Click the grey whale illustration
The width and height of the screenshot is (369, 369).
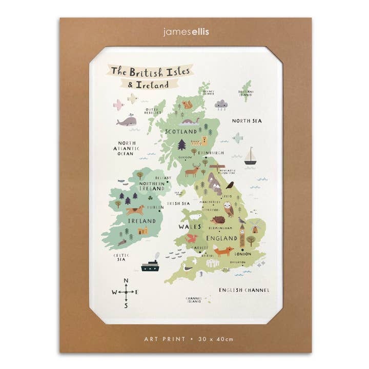pyautogui.click(x=126, y=121)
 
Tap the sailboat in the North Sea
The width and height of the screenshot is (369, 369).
pyautogui.click(x=250, y=156)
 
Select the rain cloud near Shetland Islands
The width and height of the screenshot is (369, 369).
pyautogui.click(x=221, y=105)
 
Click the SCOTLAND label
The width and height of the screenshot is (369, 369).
pyautogui.click(x=180, y=131)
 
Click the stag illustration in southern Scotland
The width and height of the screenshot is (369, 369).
pyautogui.click(x=192, y=171)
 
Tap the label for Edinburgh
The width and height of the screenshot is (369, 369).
pyautogui.click(x=211, y=153)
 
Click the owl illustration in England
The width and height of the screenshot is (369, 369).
pyautogui.click(x=228, y=209)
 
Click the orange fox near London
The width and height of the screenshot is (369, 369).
pyautogui.click(x=223, y=251)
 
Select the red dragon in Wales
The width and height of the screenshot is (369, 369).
pyautogui.click(x=192, y=238)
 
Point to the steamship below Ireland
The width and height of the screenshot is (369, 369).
pyautogui.click(x=150, y=264)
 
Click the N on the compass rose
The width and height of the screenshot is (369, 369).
pyautogui.click(x=126, y=280)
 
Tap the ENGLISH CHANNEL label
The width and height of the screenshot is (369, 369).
pyautogui.click(x=244, y=290)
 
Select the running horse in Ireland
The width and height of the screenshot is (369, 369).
pyautogui.click(x=135, y=210)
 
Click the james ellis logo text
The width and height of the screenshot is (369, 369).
pyautogui.click(x=185, y=32)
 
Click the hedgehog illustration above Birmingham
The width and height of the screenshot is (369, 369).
pyautogui.click(x=214, y=219)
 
